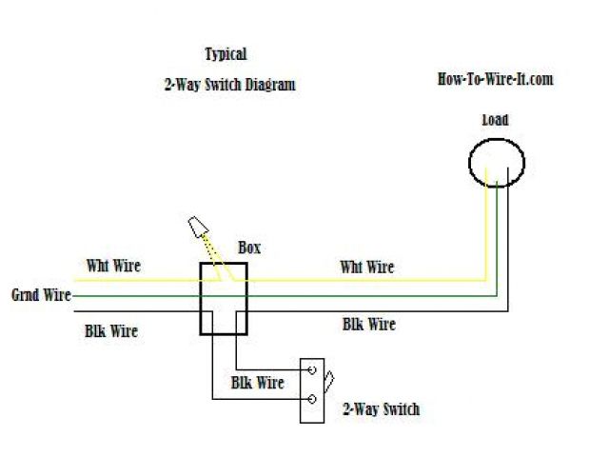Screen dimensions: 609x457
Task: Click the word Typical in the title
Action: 226,54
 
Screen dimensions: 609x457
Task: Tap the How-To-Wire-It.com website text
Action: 495,79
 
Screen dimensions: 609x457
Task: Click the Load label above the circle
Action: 495,120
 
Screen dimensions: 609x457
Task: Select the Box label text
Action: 249,248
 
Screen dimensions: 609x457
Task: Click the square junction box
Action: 223,299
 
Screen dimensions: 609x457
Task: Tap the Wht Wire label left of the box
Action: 113,266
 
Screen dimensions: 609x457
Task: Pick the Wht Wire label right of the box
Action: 366,268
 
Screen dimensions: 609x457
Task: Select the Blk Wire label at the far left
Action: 110,331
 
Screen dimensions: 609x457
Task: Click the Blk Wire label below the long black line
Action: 368,325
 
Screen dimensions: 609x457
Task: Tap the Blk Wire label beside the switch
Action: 257,383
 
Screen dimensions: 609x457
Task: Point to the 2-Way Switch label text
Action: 380,409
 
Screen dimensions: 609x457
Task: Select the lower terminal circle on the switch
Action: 311,398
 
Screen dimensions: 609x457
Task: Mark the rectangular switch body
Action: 311,390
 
